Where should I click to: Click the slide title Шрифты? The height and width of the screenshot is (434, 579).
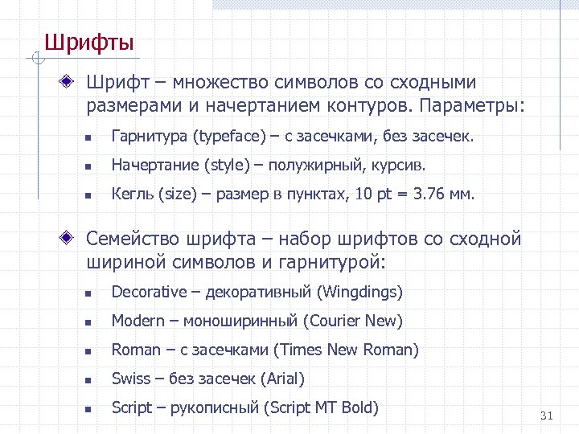[88, 42]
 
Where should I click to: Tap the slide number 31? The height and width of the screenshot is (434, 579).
[547, 416]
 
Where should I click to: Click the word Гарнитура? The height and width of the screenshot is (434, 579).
[148, 137]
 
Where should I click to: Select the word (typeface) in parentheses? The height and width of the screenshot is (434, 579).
[228, 137]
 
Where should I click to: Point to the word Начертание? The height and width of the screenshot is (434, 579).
[154, 166]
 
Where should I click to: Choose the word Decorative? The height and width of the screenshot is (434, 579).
[149, 292]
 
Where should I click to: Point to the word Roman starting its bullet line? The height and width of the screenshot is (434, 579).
[136, 350]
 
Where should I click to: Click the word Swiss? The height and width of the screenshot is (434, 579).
[131, 379]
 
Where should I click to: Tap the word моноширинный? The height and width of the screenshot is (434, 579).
[240, 321]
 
